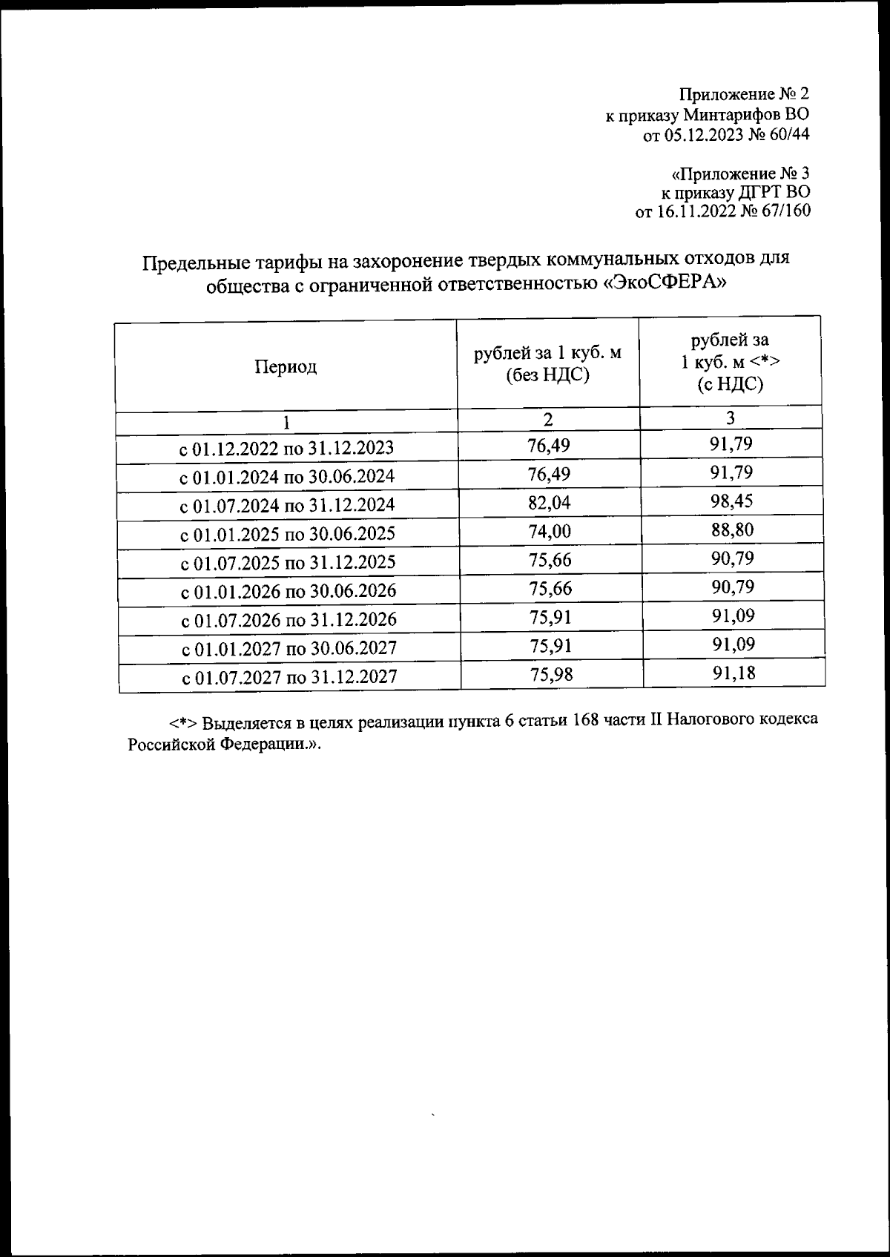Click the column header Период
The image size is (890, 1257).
286,366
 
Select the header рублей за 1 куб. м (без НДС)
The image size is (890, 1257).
547,364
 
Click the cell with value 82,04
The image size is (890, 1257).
550,503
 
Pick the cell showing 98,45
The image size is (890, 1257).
732,501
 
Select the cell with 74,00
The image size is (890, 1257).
550,531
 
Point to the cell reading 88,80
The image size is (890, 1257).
733,529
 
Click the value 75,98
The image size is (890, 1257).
552,674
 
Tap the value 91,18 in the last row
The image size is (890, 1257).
734,673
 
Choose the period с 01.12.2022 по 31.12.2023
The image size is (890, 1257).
286,449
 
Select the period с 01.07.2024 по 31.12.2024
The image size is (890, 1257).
288,506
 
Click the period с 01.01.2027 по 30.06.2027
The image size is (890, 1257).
289,648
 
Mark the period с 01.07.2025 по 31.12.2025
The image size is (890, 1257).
289,562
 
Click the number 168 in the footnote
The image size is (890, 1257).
585,722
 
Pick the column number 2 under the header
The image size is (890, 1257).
547,420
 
